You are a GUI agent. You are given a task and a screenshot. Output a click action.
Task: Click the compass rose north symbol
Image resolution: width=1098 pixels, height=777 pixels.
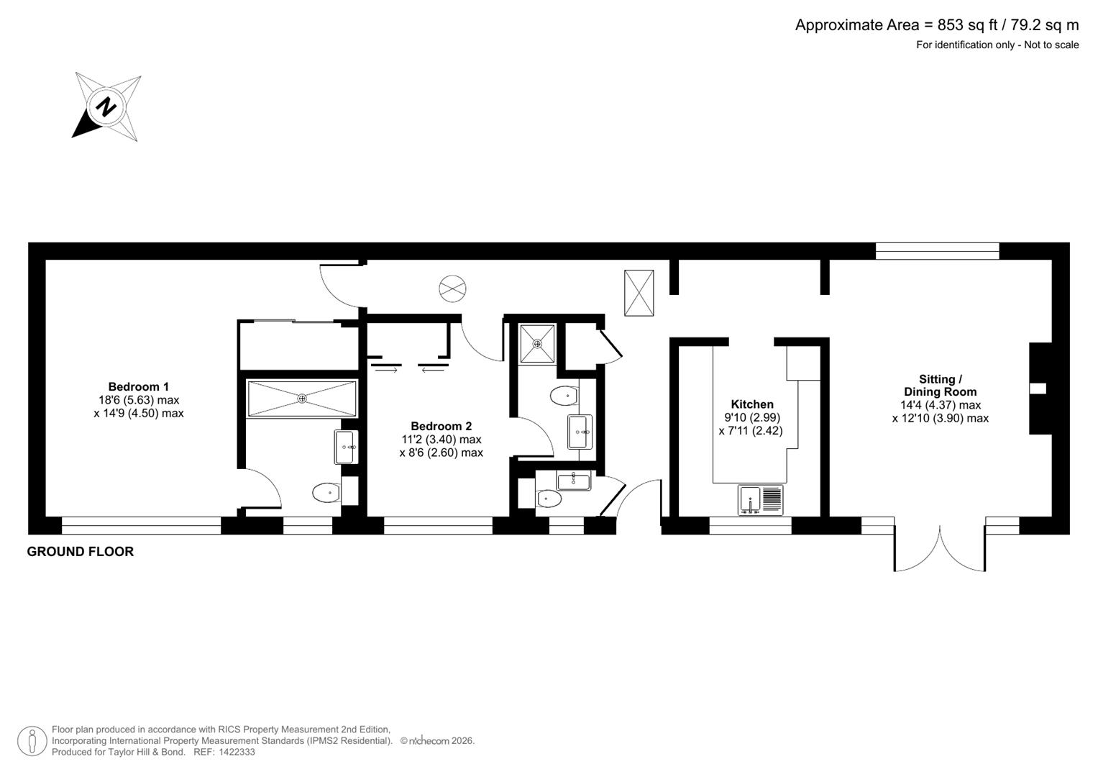click(106, 107)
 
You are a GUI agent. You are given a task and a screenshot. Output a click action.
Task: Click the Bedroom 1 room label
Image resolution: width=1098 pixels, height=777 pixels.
click(139, 386)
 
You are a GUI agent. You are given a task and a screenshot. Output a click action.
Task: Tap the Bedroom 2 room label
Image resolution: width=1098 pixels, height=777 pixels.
click(441, 426)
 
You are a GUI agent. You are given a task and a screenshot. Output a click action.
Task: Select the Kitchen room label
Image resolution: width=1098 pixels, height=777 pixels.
click(752, 404)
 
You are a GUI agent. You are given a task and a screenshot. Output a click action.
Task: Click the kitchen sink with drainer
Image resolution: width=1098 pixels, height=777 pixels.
click(760, 499)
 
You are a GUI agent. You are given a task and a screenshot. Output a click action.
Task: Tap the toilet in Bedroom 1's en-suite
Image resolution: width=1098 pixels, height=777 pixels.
click(326, 493)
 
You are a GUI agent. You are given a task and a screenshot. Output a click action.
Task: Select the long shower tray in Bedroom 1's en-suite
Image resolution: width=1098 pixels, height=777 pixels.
click(302, 399)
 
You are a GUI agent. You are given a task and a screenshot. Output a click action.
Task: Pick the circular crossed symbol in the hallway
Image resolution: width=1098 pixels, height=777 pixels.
click(452, 289)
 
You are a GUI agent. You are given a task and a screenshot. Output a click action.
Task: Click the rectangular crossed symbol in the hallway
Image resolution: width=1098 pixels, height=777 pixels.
click(639, 293)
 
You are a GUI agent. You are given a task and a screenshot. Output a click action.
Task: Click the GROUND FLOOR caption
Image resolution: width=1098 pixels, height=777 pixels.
click(81, 552)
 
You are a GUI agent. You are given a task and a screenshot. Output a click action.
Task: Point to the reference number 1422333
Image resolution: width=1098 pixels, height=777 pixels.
click(235, 752)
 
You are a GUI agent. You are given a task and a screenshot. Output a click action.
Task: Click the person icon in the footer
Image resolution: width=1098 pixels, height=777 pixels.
click(32, 741)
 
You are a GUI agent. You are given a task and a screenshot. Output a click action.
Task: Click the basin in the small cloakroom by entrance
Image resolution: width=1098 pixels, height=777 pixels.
click(573, 480)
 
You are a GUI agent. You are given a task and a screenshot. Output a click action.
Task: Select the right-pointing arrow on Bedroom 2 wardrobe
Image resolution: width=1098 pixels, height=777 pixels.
click(386, 371)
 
